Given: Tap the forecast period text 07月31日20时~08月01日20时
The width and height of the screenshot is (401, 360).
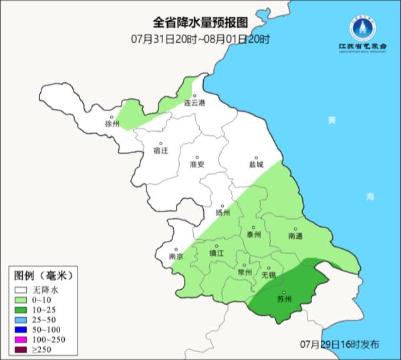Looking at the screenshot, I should click(x=200, y=39).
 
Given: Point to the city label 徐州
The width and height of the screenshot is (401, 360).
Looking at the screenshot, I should click(x=112, y=124).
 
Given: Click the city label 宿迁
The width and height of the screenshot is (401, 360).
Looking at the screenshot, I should click(x=161, y=152).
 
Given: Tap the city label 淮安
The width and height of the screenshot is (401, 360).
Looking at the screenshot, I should click(x=196, y=165).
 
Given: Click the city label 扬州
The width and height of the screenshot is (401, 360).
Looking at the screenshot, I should click(x=223, y=213).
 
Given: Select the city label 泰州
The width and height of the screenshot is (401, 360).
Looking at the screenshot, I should click(x=253, y=236).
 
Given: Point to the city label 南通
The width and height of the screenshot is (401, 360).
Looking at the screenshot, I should click(x=295, y=236).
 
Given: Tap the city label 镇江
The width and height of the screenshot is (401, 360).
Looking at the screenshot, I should click(x=217, y=254).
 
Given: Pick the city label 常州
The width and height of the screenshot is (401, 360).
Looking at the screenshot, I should click(x=245, y=272).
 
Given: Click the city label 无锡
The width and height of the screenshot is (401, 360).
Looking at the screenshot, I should click(x=268, y=274).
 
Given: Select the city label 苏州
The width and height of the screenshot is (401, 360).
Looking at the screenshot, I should click(x=285, y=299).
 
